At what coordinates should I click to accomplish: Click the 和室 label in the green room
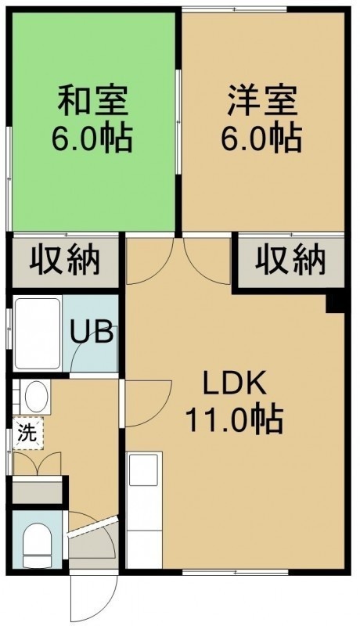coord(93,100)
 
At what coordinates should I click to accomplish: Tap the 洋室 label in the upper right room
coord(262,100)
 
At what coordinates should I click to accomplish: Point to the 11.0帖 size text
coord(235,420)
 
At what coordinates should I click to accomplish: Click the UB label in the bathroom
coord(91,331)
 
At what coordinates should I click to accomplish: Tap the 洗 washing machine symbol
coord(28,434)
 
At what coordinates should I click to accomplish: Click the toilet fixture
coord(37,545)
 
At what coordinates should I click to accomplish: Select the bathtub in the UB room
coord(38,333)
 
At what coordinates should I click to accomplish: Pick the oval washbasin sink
coord(36,397)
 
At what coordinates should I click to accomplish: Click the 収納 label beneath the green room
coord(65,261)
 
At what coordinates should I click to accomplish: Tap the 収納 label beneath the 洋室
coord(290,261)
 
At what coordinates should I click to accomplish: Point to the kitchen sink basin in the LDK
coord(143,469)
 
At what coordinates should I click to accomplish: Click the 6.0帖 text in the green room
coord(92,139)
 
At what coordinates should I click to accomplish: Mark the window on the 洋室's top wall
coord(234,9)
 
